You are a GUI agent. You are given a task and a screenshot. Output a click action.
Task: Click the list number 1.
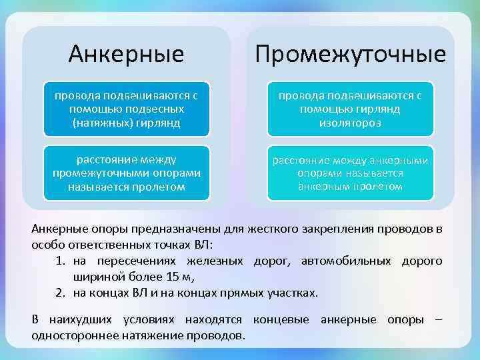tap(59, 261)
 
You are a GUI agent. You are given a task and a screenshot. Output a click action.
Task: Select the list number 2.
tap(59, 293)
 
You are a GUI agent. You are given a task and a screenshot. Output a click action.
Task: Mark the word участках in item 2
tap(293, 293)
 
